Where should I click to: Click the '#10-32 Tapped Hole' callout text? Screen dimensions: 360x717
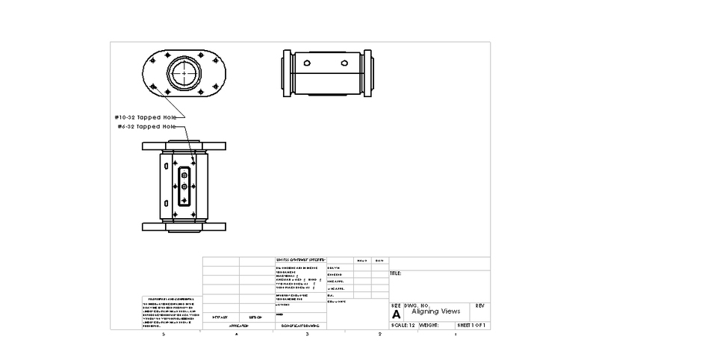pyautogui.click(x=146, y=117)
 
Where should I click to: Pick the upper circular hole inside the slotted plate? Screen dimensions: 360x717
pyautogui.click(x=183, y=175)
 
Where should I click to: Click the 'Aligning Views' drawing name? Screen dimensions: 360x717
pyautogui.click(x=436, y=311)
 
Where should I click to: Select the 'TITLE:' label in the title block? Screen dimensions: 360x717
pyautogui.click(x=396, y=274)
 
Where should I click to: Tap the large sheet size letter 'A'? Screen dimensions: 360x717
pyautogui.click(x=396, y=315)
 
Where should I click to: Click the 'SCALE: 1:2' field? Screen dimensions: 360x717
pyautogui.click(x=403, y=326)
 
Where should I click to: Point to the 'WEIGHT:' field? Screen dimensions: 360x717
pyautogui.click(x=429, y=326)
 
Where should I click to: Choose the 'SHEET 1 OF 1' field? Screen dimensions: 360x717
pyautogui.click(x=472, y=326)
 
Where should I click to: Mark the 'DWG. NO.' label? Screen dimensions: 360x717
pyautogui.click(x=417, y=305)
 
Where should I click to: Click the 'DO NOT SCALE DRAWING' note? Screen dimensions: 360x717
pyautogui.click(x=300, y=326)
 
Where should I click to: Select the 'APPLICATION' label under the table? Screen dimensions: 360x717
pyautogui.click(x=238, y=326)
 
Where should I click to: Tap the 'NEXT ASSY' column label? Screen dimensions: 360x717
pyautogui.click(x=220, y=317)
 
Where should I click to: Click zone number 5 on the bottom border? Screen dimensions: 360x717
pyautogui.click(x=164, y=333)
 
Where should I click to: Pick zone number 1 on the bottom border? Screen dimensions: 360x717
pyautogui.click(x=455, y=333)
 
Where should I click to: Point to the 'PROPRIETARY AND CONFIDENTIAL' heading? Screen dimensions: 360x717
pyautogui.click(x=168, y=298)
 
